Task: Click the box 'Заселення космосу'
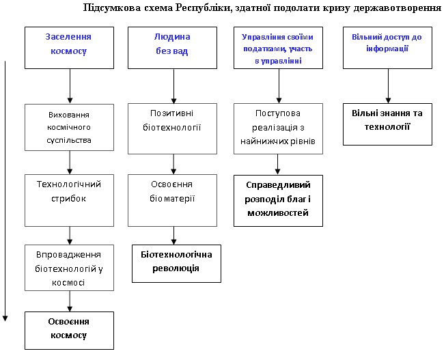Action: [x=70, y=47]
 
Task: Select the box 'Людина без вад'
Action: [x=173, y=47]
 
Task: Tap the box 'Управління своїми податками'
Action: [x=278, y=47]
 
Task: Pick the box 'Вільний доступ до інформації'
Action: [x=387, y=47]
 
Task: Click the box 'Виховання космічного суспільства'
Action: [x=70, y=126]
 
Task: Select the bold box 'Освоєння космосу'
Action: [x=70, y=329]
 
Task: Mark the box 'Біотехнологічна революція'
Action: [x=176, y=261]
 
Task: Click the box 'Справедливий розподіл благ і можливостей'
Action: [x=278, y=200]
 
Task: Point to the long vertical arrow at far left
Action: [x=5, y=191]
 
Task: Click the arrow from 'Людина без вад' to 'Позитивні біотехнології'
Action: [x=173, y=85]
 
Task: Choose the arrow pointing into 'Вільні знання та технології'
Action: [x=387, y=85]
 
